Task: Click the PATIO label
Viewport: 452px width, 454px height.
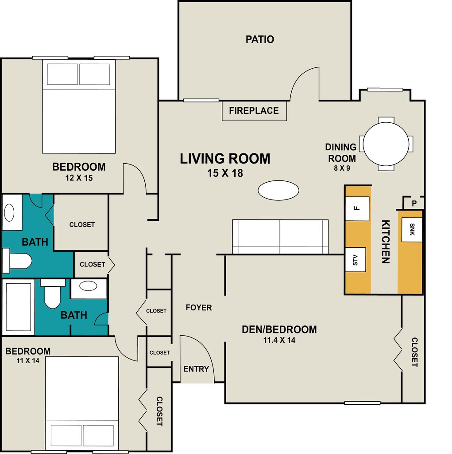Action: pos(260,39)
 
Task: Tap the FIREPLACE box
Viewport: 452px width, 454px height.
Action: pos(254,110)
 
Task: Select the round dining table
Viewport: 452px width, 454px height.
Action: pos(386,144)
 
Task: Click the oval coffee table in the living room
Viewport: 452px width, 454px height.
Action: pos(278,190)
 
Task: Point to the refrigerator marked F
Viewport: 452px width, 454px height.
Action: pos(357,208)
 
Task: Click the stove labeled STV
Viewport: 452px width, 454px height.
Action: pos(355,260)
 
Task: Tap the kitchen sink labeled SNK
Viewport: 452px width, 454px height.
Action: pos(412,230)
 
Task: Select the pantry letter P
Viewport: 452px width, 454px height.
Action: pos(414,204)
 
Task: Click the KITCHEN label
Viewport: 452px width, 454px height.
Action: pos(386,242)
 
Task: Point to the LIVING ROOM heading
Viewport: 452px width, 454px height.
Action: pos(225,159)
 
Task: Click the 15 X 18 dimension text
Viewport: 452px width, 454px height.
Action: pos(225,173)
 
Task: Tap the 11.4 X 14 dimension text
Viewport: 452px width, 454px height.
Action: pos(279,340)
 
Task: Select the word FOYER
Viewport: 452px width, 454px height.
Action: pos(199,308)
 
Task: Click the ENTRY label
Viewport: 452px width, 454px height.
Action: pos(196,369)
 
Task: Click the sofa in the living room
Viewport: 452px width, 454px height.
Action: pos(280,237)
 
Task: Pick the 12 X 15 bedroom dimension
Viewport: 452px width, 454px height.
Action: pos(79,178)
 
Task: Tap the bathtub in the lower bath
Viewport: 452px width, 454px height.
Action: pos(19,307)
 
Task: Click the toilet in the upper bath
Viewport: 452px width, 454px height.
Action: pos(17,261)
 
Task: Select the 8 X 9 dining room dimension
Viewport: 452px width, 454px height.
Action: pos(342,168)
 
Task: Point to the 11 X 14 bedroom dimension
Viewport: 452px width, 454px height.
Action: pos(28,361)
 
